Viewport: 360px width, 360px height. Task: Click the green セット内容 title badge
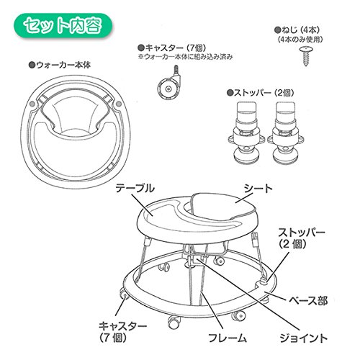[63, 26]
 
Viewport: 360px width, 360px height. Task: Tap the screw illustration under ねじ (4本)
[306, 56]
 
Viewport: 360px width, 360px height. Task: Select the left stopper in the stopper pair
[246, 132]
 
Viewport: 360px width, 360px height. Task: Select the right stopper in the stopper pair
[286, 132]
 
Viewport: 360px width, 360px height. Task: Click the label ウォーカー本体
[60, 65]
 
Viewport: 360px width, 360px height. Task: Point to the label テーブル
[135, 189]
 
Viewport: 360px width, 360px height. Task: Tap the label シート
[258, 189]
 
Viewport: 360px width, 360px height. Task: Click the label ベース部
[308, 300]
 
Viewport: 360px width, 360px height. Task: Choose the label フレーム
[228, 338]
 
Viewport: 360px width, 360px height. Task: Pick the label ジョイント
[303, 338]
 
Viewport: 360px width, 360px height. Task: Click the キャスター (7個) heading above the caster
[172, 48]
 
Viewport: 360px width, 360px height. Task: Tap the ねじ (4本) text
[297, 30]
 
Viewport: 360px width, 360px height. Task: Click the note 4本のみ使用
[300, 40]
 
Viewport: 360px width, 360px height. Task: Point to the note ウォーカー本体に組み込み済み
[185, 57]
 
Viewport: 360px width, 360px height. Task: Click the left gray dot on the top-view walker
[32, 104]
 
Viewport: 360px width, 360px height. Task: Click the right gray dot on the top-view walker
[119, 104]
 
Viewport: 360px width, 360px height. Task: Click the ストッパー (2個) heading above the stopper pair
[261, 93]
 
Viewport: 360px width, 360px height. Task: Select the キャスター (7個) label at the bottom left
[122, 332]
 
